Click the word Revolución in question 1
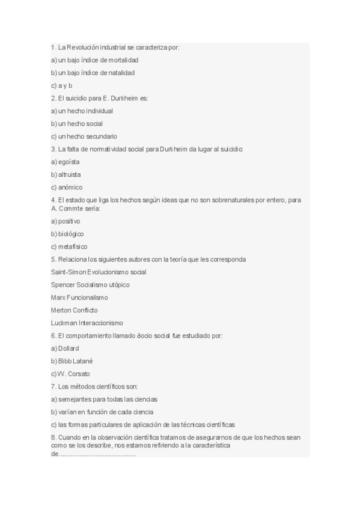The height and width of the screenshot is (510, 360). point(82,48)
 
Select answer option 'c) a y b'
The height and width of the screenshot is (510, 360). point(61,85)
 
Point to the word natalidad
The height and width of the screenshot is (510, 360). point(120,73)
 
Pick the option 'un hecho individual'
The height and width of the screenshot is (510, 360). point(85,111)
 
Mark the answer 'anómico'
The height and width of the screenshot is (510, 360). point(70,187)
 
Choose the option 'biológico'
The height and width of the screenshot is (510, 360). point(71,233)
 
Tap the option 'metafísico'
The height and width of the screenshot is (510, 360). point(73,246)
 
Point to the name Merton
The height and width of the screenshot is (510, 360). point(61,310)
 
